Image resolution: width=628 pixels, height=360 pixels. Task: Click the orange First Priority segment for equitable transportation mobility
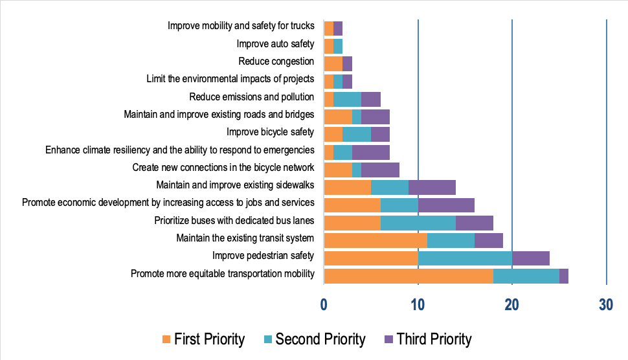click(408, 275)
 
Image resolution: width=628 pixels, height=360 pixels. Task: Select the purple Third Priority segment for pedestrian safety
click(531, 258)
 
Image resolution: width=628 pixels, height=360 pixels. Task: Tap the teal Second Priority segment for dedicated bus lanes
click(418, 223)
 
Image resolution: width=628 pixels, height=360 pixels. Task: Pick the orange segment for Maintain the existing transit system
click(376, 240)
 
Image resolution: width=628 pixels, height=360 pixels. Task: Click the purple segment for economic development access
click(446, 205)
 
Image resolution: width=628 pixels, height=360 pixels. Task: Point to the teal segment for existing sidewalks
click(390, 187)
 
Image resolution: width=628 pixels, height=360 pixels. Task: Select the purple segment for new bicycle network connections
click(380, 170)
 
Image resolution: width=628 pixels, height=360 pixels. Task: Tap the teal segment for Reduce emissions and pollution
click(347, 99)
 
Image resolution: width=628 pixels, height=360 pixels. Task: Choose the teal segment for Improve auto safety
click(338, 46)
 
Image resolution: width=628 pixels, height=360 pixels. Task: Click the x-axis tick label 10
click(418, 304)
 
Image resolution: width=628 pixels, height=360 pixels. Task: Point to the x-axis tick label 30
click(606, 304)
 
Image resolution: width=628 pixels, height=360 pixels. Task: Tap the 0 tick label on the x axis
click(324, 304)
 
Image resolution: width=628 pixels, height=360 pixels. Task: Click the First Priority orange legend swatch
click(166, 339)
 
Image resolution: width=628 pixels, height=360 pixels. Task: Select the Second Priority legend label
click(320, 339)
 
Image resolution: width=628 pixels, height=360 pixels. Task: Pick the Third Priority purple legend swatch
click(388, 339)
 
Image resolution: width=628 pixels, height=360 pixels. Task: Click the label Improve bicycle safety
click(270, 132)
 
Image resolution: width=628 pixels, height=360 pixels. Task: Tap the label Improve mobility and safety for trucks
click(241, 26)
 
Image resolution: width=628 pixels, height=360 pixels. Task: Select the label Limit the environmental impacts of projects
click(230, 79)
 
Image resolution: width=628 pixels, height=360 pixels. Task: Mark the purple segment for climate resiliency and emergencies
click(370, 152)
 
